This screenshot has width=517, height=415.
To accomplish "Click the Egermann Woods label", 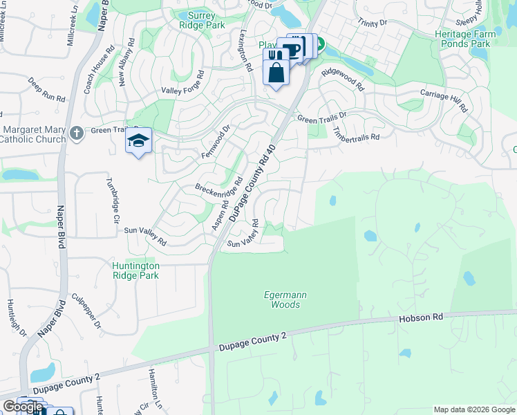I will pos(285,299).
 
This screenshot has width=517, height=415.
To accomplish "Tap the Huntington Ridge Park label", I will pos(135,270).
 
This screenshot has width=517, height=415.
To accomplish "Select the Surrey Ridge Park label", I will pos(202,19).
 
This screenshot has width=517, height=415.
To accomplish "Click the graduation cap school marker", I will pos(138,140).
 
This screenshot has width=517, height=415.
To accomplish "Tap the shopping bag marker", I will pos(276,72).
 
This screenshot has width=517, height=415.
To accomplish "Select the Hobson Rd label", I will pos(420,319).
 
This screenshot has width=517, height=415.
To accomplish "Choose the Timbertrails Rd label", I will pos(356,133).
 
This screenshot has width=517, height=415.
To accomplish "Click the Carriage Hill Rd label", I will pos(444,100).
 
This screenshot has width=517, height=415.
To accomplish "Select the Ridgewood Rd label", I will pos(341,78).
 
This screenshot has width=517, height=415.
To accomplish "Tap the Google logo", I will pos(23,407).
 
